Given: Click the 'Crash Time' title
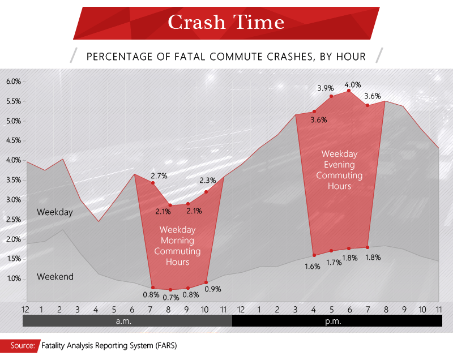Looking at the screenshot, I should coord(226,22).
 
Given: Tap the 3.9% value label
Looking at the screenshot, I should coord(326,88).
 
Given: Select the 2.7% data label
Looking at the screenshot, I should coord(159,176).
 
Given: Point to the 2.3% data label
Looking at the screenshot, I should coord(208,181).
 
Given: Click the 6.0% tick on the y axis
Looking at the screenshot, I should coord(14,82).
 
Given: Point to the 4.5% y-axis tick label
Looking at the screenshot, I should coord(14,140).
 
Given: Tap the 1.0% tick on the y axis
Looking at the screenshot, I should coord(14,278).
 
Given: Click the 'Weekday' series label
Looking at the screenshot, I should coord(55,212).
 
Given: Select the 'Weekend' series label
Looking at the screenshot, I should coord(55,277).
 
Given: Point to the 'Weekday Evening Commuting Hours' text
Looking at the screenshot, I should coord(339,169).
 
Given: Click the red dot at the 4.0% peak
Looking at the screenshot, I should coord(349,91).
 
